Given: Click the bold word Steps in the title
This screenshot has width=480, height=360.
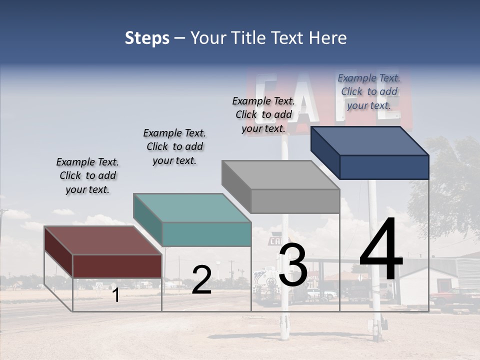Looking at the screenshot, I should [x=147, y=38].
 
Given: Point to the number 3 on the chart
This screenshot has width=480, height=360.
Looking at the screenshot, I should [x=293, y=265].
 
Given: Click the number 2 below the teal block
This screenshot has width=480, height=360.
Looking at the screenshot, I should [x=201, y=280].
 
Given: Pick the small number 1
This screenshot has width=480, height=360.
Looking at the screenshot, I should [x=116, y=295].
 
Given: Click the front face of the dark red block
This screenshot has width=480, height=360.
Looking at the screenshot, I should [x=117, y=266].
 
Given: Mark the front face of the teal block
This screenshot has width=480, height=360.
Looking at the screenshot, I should [x=206, y=234].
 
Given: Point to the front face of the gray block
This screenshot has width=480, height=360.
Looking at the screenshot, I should [x=295, y=201].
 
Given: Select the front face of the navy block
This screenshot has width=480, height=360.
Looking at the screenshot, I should [x=384, y=167].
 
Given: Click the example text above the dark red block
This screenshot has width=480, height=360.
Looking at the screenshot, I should [x=87, y=175].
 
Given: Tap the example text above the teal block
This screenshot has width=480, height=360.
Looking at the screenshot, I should [x=174, y=146].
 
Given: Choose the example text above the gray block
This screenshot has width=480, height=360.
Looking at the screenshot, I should [x=263, y=114].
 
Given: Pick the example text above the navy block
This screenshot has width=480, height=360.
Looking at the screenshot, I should [x=369, y=91].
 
